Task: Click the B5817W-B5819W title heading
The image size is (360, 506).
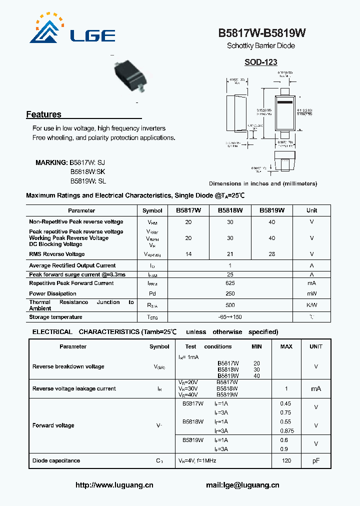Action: pyautogui.click(x=261, y=33)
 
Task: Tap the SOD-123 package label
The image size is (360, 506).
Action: pyautogui.click(x=261, y=62)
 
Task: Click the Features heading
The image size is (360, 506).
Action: pyautogui.click(x=43, y=114)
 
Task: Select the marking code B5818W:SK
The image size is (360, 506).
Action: pyautogui.click(x=87, y=172)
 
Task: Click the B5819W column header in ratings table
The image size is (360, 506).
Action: pyautogui.click(x=271, y=210)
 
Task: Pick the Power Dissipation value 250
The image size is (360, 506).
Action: pyautogui.click(x=230, y=293)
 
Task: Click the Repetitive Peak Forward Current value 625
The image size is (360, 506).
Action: pyautogui.click(x=230, y=283)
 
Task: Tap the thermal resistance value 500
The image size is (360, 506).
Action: pyautogui.click(x=230, y=305)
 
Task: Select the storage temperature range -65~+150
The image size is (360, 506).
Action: pyautogui.click(x=230, y=317)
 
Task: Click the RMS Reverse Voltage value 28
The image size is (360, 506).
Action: pyautogui.click(x=271, y=254)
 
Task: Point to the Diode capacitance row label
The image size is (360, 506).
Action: pyautogui.click(x=56, y=460)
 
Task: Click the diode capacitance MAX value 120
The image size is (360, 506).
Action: pyautogui.click(x=286, y=460)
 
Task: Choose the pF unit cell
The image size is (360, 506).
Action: pyautogui.click(x=316, y=460)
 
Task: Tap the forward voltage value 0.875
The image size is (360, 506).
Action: pyautogui.click(x=286, y=430)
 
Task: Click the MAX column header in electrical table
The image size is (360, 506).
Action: pyautogui.click(x=286, y=346)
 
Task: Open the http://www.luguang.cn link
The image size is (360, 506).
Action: pyautogui.click(x=114, y=485)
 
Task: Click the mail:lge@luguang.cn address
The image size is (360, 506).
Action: pyautogui.click(x=242, y=485)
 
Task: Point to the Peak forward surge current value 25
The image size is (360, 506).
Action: pyautogui.click(x=230, y=274)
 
